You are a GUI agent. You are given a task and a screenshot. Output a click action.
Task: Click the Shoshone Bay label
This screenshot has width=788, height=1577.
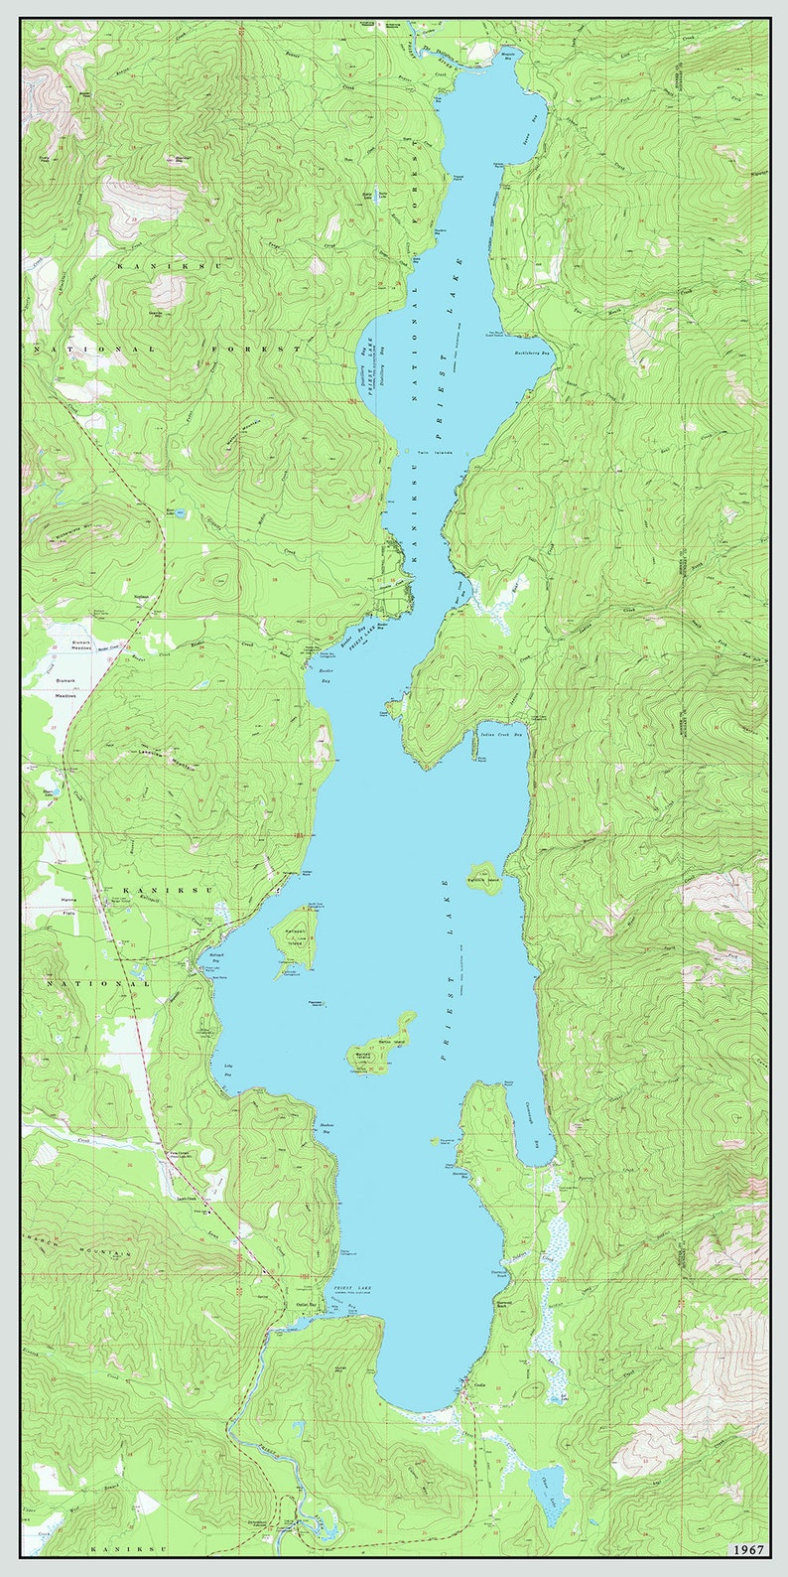[325, 1127]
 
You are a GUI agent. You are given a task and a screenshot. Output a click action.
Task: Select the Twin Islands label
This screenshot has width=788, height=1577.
[435, 453]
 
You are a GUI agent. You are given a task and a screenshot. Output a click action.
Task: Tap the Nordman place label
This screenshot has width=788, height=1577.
[141, 598]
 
